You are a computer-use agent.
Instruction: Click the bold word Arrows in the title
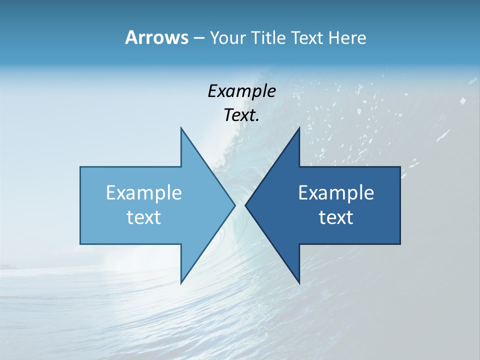(x=156, y=37)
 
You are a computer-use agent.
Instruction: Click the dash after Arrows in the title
(x=198, y=38)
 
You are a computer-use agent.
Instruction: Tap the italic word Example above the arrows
(x=241, y=91)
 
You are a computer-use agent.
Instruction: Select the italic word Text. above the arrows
(x=241, y=115)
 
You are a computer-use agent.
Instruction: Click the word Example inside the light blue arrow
(x=144, y=192)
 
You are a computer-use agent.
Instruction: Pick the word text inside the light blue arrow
(x=144, y=217)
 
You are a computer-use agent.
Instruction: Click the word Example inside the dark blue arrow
(x=336, y=192)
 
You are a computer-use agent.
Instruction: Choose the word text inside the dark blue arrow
(x=336, y=217)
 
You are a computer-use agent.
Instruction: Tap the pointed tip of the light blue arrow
(x=234, y=205)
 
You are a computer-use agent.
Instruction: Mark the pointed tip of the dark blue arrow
(x=246, y=205)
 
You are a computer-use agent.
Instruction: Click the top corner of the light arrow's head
(x=181, y=128)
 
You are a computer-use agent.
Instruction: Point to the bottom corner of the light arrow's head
(x=181, y=282)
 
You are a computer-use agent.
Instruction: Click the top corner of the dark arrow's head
(x=299, y=128)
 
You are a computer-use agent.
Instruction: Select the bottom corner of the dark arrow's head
(x=299, y=282)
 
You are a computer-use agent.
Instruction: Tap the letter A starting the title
(x=131, y=37)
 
